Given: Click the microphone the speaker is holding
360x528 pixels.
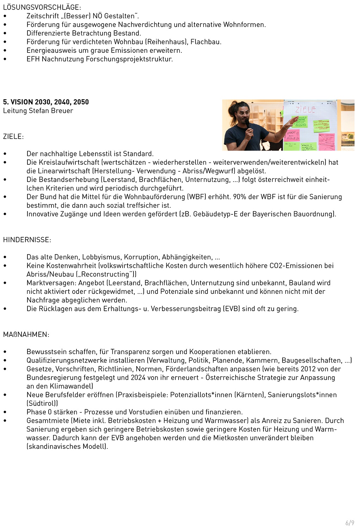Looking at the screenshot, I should coord(248,124).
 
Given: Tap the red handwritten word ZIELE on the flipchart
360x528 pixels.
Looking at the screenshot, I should coord(305,109).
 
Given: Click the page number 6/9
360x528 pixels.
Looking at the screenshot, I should coord(349,523).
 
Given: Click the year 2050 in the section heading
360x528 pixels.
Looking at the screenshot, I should coord(81,102).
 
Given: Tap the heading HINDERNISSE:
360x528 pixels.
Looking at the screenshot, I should coord(27,240).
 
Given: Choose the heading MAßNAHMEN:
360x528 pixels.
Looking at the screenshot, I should coord(26,334).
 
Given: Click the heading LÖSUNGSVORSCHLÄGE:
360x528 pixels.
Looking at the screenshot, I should coord(42,7).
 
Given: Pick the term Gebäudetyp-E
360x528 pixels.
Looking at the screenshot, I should coord(215,214).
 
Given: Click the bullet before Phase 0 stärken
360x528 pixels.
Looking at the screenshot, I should coord(5,412).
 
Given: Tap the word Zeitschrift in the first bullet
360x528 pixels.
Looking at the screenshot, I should coord(43,16).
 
